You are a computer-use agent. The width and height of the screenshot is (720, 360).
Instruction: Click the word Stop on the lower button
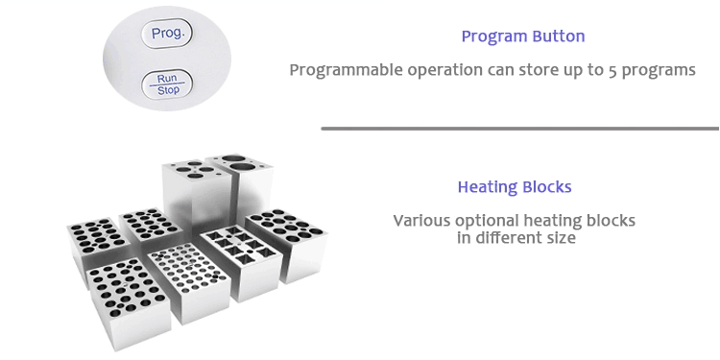pos(168,91)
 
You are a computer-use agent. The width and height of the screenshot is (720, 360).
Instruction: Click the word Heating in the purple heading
pos(489,186)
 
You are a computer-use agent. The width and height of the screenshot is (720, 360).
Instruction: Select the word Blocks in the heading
pos(548,186)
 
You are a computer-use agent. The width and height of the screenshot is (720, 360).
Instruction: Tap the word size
pos(560,237)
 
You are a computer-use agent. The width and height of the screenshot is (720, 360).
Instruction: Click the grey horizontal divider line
pos(519,128)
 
